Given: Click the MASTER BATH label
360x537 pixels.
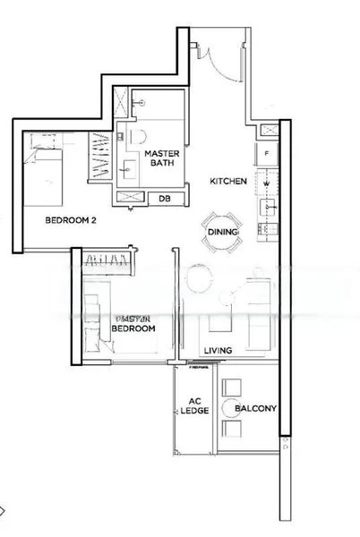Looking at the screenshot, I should (164, 158).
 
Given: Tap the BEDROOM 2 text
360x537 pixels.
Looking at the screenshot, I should (70, 218).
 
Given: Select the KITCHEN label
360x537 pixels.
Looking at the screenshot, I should (228, 181).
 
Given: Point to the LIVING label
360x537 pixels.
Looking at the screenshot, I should (219, 350).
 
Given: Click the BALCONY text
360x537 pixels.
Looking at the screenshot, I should (255, 409).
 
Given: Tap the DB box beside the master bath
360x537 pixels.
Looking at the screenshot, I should (165, 199).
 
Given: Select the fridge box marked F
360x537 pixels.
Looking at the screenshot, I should (267, 154).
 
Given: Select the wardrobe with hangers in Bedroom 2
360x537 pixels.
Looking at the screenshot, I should (103, 154).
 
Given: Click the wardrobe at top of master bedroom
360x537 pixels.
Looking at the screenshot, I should (106, 260).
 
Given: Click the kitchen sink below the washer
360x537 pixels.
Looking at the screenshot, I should (267, 209).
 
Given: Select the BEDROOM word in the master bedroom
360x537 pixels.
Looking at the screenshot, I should (133, 329).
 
